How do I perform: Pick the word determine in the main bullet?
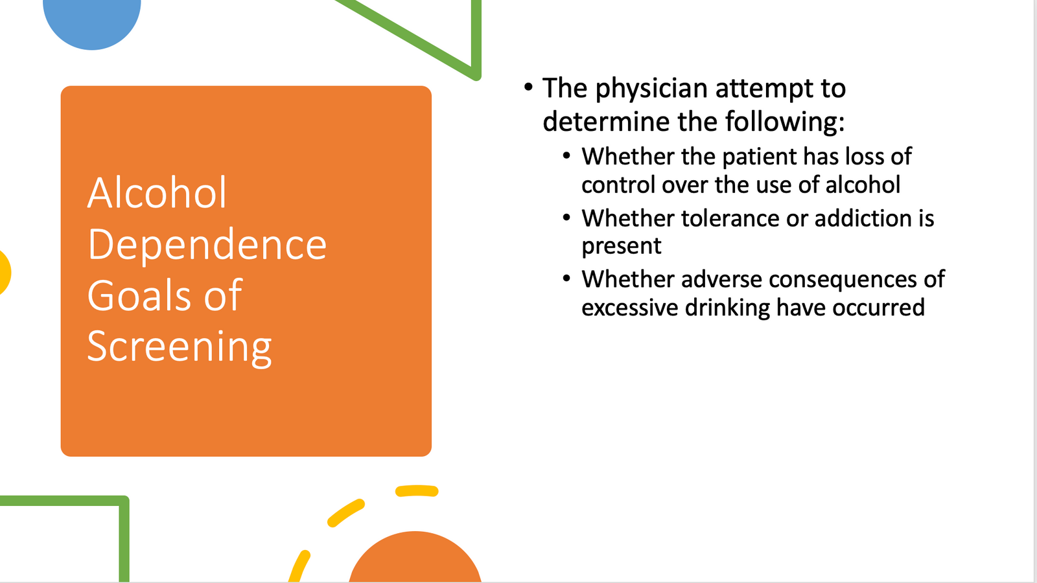[x=607, y=121]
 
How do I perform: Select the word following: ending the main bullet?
[x=785, y=122]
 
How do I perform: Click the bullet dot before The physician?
[x=528, y=87]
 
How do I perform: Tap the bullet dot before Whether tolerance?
[x=566, y=217]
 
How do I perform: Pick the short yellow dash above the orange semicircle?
[x=417, y=491]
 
